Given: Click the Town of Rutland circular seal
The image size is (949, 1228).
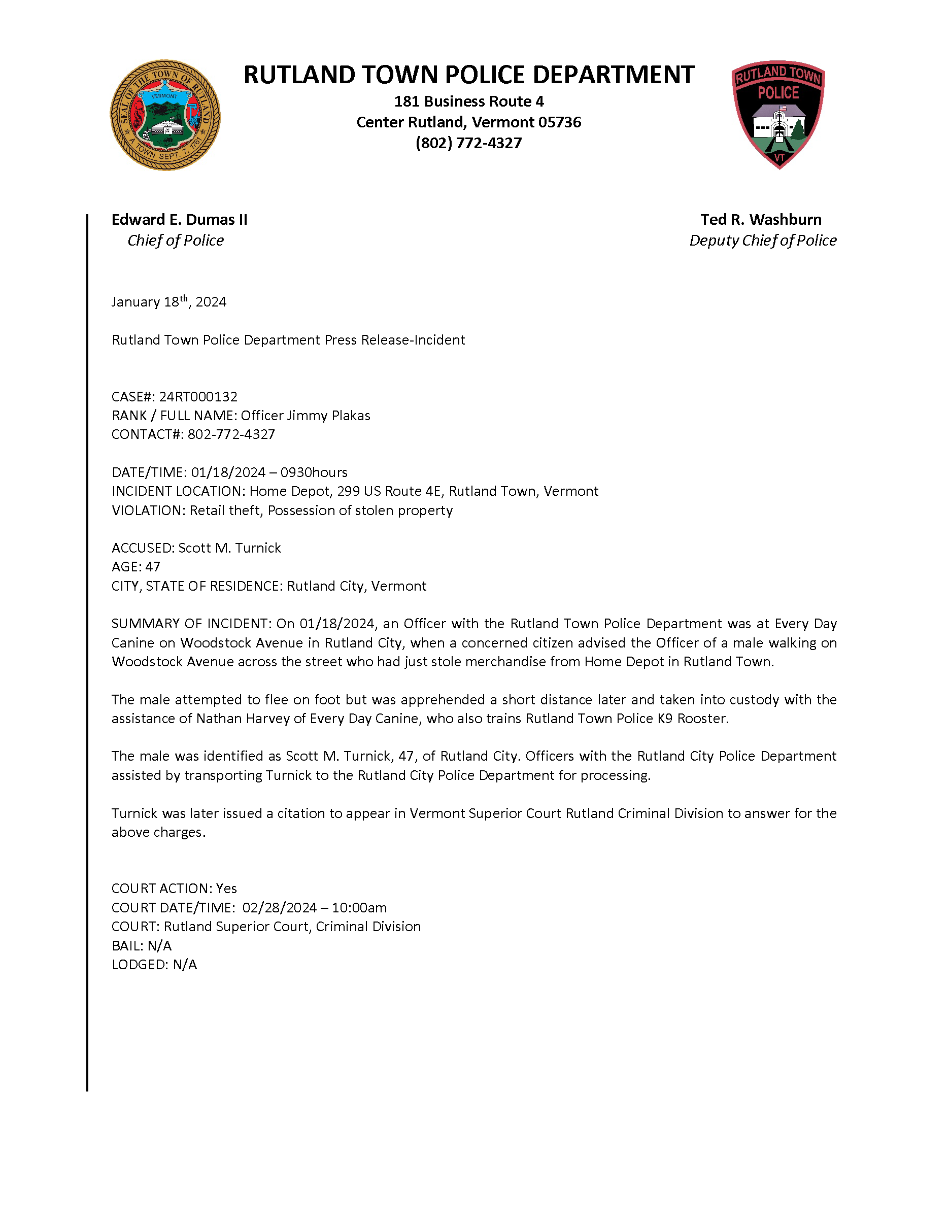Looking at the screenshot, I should pyautogui.click(x=165, y=115).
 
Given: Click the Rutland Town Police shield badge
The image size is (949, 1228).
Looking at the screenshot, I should pyautogui.click(x=778, y=114).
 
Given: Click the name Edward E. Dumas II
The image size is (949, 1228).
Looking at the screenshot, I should pyautogui.click(x=179, y=219).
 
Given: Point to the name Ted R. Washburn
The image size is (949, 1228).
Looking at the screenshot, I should pyautogui.click(x=761, y=219).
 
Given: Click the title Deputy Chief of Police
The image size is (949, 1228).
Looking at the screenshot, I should pyautogui.click(x=763, y=240).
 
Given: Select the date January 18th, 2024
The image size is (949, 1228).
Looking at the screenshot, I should pyautogui.click(x=168, y=302).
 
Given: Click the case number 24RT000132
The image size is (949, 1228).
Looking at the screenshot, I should pyautogui.click(x=198, y=396).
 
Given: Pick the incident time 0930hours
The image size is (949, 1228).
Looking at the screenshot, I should pyautogui.click(x=314, y=472).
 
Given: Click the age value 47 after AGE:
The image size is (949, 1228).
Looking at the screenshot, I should pyautogui.click(x=153, y=567).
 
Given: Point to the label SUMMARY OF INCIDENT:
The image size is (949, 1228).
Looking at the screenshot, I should pyautogui.click(x=192, y=624).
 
